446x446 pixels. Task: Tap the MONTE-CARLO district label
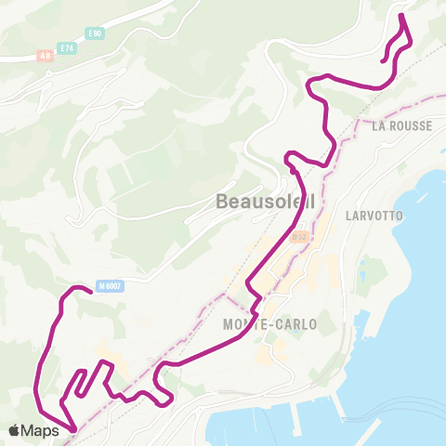click(270, 324)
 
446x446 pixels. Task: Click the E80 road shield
click(93, 34)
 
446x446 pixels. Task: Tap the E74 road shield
click(66, 46)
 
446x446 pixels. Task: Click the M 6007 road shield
click(110, 286)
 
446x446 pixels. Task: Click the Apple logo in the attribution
click(16, 430)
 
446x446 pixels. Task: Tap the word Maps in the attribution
click(41, 430)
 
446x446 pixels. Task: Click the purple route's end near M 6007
click(89, 292)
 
